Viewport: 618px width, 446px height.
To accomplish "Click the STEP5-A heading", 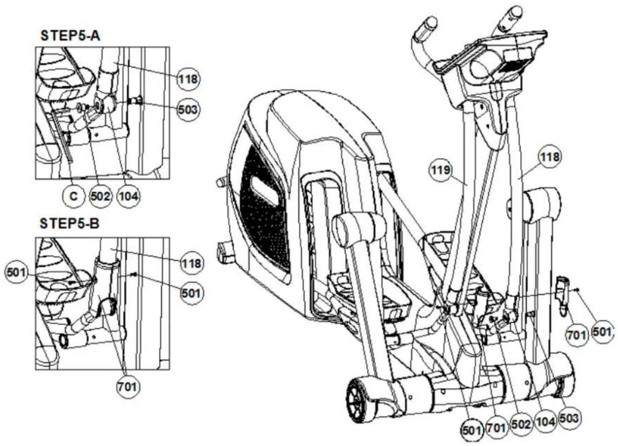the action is (70, 36).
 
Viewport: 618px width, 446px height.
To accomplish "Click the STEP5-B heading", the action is (70, 224).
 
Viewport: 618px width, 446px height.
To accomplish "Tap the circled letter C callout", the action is (74, 195).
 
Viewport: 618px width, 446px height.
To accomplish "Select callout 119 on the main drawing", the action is (440, 170).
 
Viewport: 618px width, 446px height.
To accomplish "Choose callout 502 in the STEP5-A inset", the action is (100, 195).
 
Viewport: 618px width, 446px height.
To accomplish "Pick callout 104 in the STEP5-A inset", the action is (129, 195).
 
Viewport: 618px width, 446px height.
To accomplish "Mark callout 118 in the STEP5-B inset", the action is (192, 263).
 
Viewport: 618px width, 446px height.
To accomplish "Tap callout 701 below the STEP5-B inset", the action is (128, 386).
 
